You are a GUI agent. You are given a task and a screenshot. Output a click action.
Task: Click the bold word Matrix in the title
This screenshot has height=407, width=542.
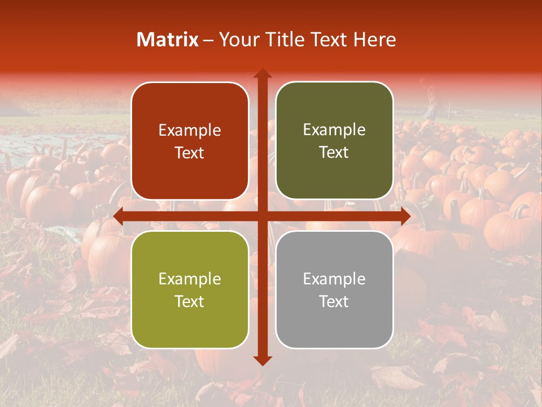(168, 40)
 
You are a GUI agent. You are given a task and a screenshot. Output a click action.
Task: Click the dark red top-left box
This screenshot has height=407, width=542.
(190, 141)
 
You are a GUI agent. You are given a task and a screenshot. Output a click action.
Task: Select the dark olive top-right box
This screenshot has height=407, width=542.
(334, 141)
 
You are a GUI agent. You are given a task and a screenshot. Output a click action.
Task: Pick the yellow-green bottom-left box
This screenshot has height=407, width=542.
(190, 289)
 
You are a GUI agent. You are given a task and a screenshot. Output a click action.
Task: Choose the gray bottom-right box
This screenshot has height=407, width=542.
(334, 289)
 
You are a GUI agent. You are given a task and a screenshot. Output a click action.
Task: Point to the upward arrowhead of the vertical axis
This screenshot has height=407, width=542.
(262, 73)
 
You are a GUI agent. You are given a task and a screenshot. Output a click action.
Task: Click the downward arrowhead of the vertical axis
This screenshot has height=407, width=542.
(262, 360)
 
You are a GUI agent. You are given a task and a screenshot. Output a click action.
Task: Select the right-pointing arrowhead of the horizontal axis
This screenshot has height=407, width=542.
(405, 217)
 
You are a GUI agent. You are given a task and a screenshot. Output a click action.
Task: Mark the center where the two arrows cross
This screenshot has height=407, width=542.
(262, 217)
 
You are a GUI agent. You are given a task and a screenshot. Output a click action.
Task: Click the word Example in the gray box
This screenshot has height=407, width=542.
(334, 279)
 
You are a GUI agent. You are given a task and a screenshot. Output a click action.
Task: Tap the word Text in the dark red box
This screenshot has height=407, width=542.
(190, 153)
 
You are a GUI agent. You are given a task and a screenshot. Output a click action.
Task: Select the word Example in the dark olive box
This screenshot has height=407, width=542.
(334, 130)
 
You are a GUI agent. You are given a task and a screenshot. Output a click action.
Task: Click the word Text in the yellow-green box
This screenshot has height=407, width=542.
(190, 301)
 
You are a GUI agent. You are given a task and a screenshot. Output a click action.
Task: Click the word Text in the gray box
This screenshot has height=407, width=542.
(334, 301)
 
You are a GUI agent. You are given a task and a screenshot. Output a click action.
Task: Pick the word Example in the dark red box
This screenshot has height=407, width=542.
(190, 131)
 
